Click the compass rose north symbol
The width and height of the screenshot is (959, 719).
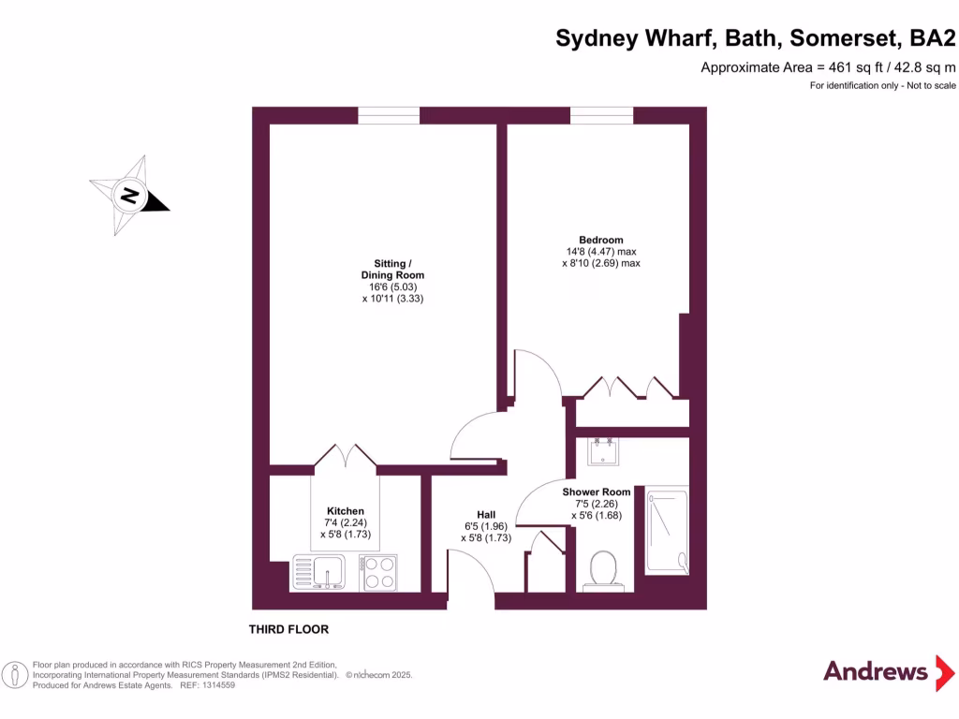129,197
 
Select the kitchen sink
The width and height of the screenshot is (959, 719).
319,571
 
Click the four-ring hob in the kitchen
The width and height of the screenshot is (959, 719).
377,571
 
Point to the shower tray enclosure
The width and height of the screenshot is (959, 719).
667,530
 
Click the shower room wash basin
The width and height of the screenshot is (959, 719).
600,451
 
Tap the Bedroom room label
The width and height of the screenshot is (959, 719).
600,240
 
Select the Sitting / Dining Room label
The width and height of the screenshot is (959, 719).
392,269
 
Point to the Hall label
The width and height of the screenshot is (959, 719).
486,515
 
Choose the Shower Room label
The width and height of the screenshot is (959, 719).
597,492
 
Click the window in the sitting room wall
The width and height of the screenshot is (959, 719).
389,115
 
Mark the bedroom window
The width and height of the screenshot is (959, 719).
601,115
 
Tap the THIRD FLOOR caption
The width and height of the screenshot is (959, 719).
288,630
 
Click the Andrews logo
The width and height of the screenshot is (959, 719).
875,671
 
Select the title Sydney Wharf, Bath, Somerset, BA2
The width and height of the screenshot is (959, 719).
757,38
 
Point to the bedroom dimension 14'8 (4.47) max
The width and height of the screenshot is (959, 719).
600,252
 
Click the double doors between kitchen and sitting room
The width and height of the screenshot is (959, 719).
346,457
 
